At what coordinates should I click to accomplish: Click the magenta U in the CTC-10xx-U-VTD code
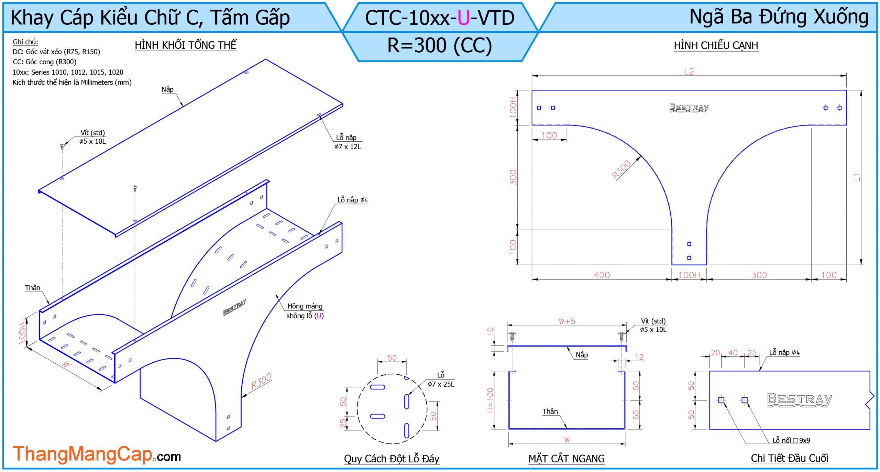[x=463, y=18]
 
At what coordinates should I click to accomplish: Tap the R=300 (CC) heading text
[x=440, y=45]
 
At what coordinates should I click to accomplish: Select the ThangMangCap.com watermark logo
[x=97, y=454]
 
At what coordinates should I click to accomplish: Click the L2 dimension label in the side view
[x=689, y=71]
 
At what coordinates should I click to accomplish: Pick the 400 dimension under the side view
[x=602, y=275]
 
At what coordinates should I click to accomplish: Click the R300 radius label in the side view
[x=621, y=169]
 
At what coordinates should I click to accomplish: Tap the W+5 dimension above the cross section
[x=566, y=321]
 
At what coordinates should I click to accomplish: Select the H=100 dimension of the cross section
[x=490, y=400]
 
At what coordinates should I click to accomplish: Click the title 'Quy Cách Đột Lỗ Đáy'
[x=392, y=459]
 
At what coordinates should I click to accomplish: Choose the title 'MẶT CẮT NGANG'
[x=566, y=459]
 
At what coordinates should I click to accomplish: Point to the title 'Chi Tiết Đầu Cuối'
[x=789, y=458]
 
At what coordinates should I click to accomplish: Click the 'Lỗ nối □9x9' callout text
[x=791, y=440]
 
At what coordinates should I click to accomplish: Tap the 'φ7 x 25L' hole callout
[x=441, y=384]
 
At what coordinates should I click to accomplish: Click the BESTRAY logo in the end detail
[x=800, y=400]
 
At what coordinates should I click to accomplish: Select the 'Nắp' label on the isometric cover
[x=167, y=89]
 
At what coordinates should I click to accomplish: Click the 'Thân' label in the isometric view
[x=33, y=288]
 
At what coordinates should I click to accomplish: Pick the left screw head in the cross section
[x=512, y=335]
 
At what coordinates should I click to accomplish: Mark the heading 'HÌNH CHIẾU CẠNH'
[x=716, y=45]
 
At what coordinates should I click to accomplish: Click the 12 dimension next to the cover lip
[x=639, y=357]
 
